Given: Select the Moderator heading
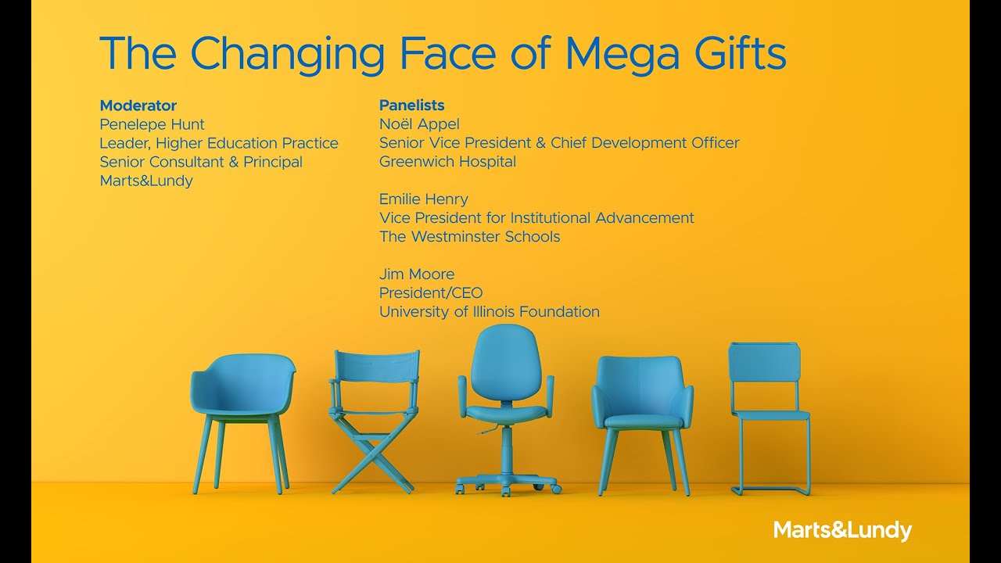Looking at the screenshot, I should pos(138,106).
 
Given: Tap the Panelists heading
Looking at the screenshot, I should pos(411,106).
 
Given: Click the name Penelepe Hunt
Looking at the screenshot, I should pos(152,124).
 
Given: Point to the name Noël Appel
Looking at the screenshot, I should pos(419,124).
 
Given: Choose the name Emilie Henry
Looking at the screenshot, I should pos(423,199).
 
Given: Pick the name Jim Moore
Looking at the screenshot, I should pos(416,274).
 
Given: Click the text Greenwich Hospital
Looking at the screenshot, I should pos(447,162).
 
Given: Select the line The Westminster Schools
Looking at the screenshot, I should pos(469,237).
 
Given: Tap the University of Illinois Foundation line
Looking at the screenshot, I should pos(489,312).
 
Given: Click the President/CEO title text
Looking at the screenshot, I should pos(430,293).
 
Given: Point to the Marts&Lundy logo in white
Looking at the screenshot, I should pos(842,530).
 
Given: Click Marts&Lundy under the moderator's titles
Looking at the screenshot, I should pos(145,181).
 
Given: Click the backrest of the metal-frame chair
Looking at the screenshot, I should pos(763,364).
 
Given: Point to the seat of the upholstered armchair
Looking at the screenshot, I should pos(643,420).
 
